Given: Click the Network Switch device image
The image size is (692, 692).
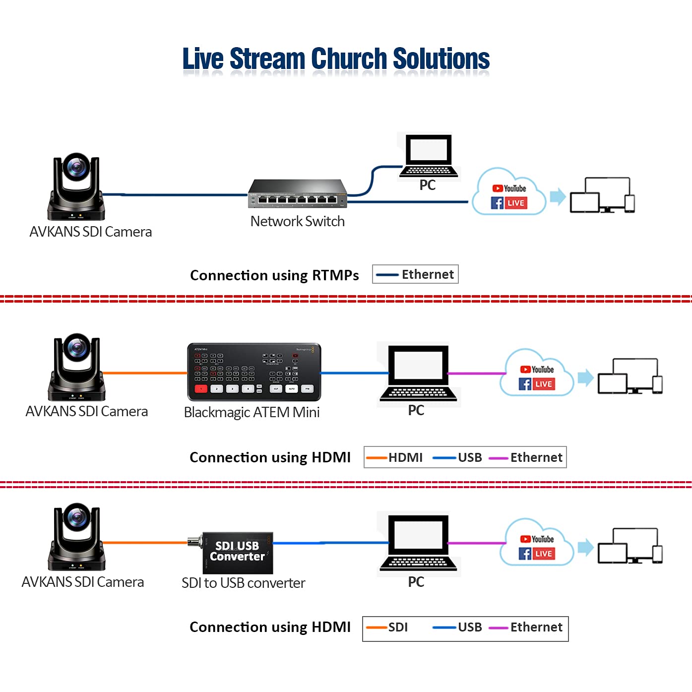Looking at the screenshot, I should (x=298, y=194).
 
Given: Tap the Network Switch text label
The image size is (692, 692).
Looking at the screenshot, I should (x=297, y=221).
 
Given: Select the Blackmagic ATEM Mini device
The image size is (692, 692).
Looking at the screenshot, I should (x=254, y=372).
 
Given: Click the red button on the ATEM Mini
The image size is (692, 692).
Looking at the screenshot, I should (x=200, y=389).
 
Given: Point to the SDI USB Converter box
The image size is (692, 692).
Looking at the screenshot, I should (x=237, y=552).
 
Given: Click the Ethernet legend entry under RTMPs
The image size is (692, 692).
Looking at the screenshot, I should (x=416, y=274).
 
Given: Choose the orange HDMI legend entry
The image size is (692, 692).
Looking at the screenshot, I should (x=395, y=457).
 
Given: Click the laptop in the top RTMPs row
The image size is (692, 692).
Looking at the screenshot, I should (x=429, y=157).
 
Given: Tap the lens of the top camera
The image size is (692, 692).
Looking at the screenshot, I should (x=76, y=167).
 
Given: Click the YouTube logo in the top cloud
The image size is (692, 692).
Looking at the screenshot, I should (x=509, y=189).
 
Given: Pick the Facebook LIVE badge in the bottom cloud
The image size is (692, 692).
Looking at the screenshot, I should (x=537, y=554).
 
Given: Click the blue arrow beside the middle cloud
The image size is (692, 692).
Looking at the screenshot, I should (x=586, y=377).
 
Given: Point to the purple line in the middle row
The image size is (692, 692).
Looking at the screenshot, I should (x=476, y=374).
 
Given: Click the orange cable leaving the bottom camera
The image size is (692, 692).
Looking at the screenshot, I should (x=144, y=543).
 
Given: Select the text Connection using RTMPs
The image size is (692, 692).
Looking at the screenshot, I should (x=274, y=275).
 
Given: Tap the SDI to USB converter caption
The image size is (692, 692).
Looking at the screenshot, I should (x=243, y=583).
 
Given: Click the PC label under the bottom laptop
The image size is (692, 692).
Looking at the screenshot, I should (x=416, y=582).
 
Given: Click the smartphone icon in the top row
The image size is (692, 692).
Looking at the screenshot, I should (x=629, y=204).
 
